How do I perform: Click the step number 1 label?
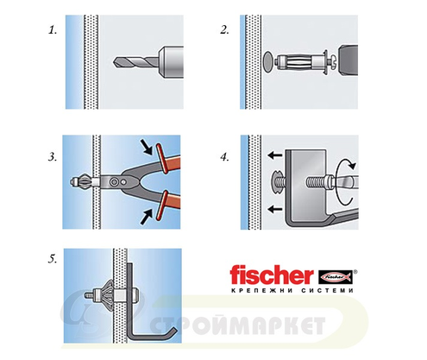click(53, 30)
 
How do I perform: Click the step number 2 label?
click(224, 30)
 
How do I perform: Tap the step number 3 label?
click(53, 157)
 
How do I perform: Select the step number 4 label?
click(224, 157)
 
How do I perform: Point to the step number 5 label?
click(53, 259)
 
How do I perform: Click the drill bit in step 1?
click(135, 62)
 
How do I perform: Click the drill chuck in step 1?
click(171, 62)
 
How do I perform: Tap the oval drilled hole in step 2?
click(268, 62)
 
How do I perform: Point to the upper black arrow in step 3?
click(147, 147)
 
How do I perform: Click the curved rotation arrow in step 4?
click(345, 181)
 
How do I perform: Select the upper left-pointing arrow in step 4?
click(275, 155)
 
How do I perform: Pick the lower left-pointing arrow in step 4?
click(275, 209)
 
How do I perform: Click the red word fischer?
click(272, 275)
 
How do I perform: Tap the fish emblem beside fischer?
click(336, 277)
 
